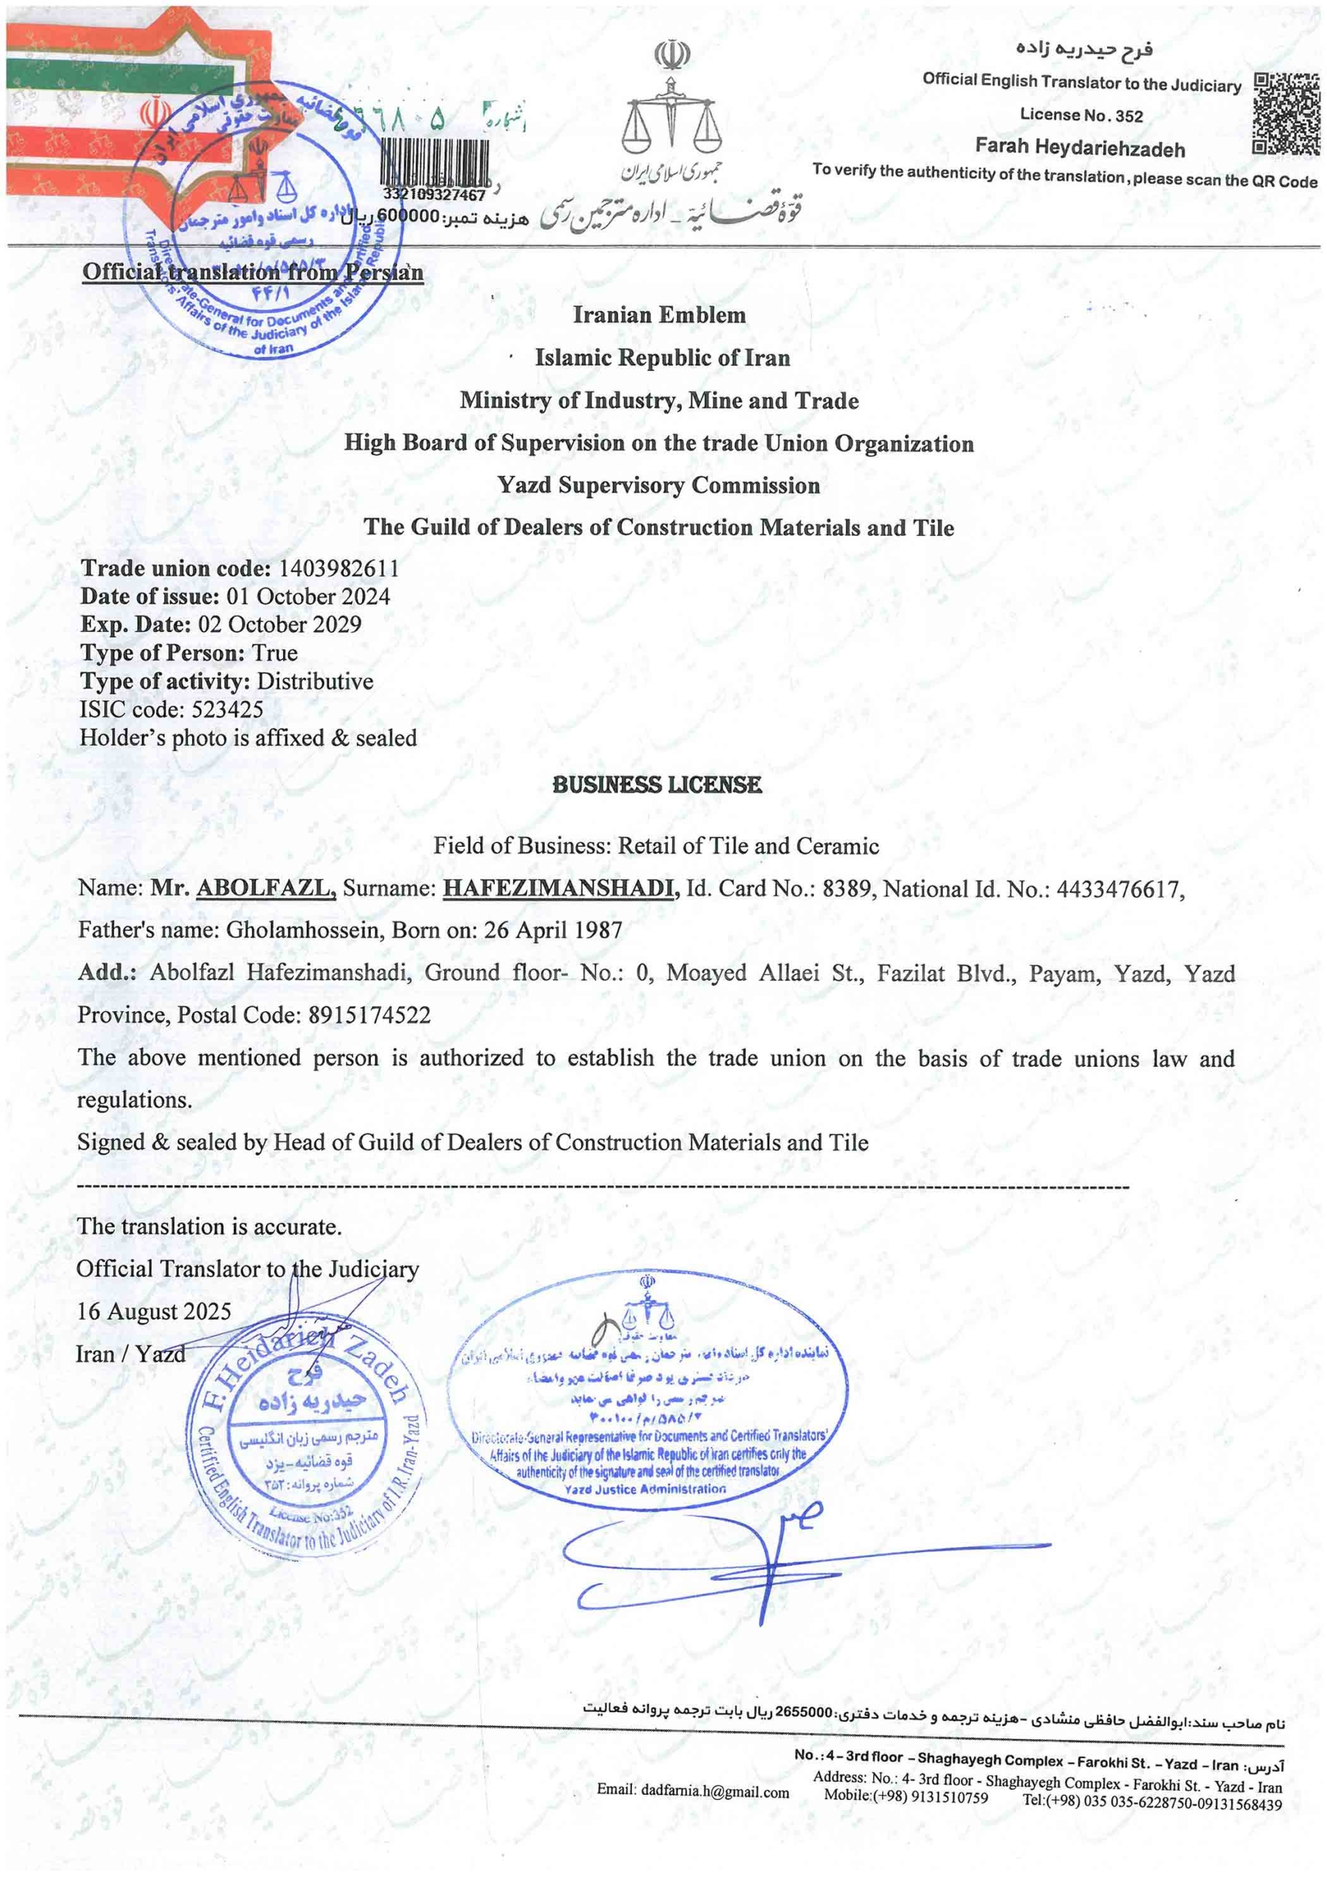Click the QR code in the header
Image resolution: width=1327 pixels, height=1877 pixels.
(1285, 114)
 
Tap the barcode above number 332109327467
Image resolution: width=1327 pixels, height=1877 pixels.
(435, 164)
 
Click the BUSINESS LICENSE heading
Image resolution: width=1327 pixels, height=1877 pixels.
(657, 785)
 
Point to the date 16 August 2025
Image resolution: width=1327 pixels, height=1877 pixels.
(154, 1311)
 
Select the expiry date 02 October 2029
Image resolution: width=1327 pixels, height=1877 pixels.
(279, 625)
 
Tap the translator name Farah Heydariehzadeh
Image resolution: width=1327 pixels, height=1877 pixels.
(1079, 148)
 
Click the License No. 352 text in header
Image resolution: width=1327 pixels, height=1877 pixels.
(1081, 114)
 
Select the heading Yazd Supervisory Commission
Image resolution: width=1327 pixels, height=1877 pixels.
(658, 485)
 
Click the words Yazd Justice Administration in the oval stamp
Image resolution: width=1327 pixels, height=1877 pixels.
(644, 1489)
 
